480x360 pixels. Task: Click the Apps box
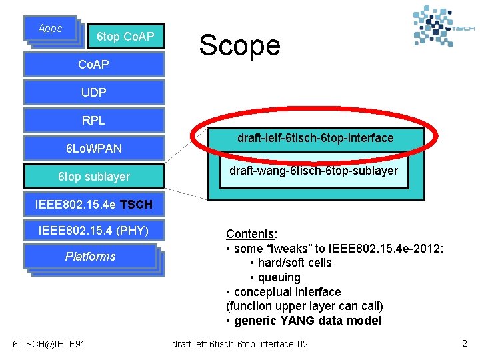50,29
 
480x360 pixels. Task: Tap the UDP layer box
93,92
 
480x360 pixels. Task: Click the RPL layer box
93,121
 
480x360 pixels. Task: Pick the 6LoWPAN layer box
93,148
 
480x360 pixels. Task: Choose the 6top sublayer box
93,177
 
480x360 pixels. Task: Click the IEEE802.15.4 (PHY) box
93,231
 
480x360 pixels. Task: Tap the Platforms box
91,257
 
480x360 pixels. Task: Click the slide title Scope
239,45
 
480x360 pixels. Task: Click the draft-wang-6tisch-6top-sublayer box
313,171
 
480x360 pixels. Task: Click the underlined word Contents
250,234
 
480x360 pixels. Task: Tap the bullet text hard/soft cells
295,263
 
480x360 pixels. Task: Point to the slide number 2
464,343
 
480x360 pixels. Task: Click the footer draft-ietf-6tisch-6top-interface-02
240,344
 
